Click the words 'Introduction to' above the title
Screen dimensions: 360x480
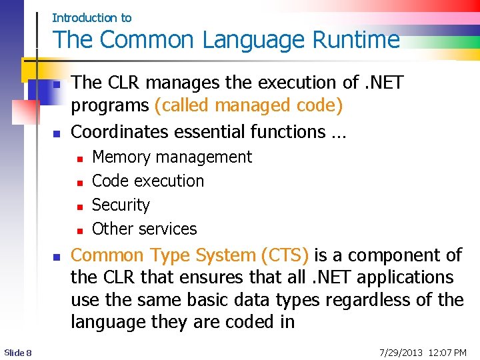tap(91, 18)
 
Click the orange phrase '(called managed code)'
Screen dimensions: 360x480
tap(249, 105)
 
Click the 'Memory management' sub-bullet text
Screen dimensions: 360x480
tap(171, 157)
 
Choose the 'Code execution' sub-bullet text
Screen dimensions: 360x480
tap(148, 181)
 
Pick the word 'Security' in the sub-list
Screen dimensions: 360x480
tap(121, 205)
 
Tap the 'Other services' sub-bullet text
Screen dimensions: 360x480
tap(144, 229)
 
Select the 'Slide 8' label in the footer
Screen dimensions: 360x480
tap(18, 352)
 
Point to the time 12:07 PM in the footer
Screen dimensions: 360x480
tap(447, 352)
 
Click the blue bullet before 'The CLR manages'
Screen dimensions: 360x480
tap(57, 85)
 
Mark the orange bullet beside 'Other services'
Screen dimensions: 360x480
tap(79, 231)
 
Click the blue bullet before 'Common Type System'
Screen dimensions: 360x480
tap(57, 257)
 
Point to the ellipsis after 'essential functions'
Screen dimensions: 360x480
tap(338, 133)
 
